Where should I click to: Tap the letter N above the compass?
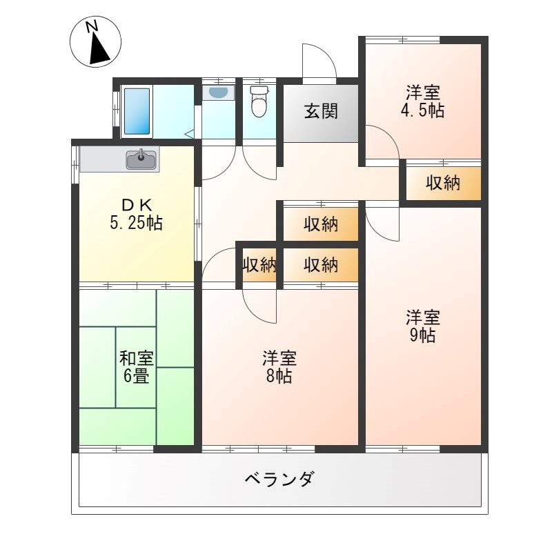coord(91,26)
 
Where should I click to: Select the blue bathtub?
coord(137,111)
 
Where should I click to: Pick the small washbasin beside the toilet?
coord(217,92)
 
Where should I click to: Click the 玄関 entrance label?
coord(321,111)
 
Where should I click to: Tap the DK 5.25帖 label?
coord(136,214)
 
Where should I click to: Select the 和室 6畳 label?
coord(137,367)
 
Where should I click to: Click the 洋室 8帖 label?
coord(279,367)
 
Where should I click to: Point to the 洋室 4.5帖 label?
coord(423,101)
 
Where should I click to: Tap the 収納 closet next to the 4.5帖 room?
coord(442,184)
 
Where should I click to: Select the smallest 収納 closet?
coord(259,264)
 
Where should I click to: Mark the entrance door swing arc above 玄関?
coord(319,62)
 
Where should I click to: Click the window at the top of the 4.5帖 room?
coord(402,39)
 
